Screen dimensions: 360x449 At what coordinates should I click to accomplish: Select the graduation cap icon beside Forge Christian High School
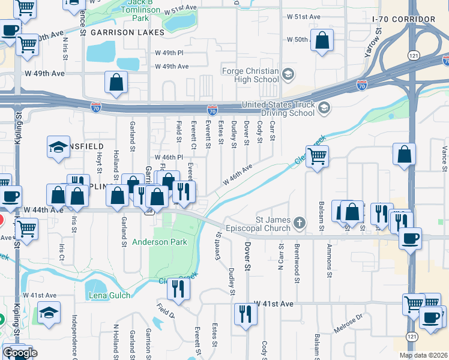click(x=288, y=74)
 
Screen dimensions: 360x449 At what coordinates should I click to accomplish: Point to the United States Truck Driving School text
click(x=278, y=109)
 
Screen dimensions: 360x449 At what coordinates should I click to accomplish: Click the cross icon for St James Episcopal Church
click(x=299, y=224)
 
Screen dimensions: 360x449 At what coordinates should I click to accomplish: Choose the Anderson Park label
click(x=160, y=242)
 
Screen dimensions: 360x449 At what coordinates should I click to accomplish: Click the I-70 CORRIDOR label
click(x=403, y=19)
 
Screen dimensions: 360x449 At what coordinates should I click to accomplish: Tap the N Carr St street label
click(x=280, y=256)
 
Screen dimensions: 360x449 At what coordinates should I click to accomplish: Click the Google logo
click(x=20, y=353)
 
